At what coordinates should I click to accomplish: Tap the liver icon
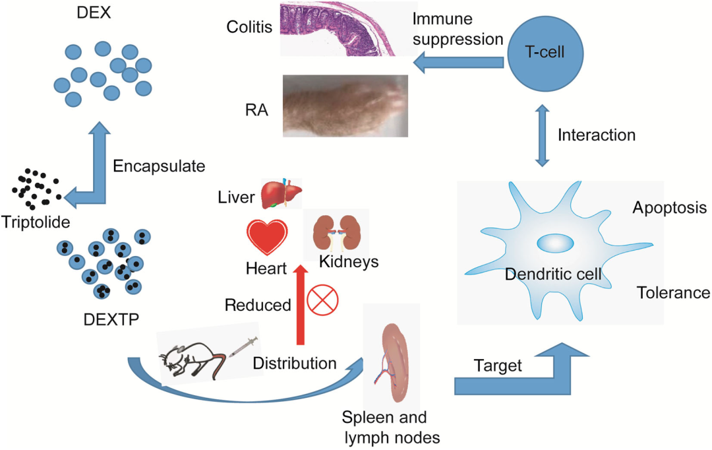pyautogui.click(x=281, y=194)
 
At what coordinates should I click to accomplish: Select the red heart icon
pyautogui.click(x=266, y=238)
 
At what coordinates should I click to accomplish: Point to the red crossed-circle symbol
pyautogui.click(x=322, y=300)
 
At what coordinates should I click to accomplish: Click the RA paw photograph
pyautogui.click(x=343, y=105)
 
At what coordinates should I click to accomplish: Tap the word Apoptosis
pyautogui.click(x=669, y=209)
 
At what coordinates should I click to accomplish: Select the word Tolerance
pyautogui.click(x=673, y=292)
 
